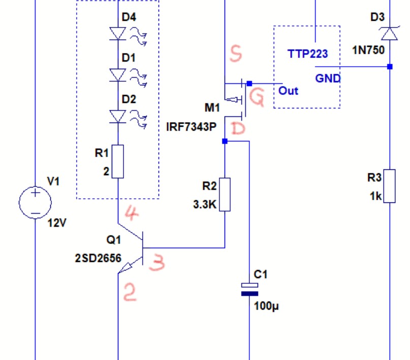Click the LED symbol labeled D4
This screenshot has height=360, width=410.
118,34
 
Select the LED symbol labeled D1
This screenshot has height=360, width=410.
118,75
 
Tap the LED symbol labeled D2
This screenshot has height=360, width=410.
118,116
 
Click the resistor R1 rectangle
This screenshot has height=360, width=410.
118,161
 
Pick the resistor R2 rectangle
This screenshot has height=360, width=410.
224,194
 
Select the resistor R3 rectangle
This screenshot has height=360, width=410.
389,186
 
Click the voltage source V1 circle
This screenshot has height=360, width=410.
35,202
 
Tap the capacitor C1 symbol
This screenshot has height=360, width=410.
249,289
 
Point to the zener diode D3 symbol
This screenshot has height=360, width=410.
389,34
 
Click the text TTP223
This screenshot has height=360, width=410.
307,54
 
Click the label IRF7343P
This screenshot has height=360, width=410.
191,127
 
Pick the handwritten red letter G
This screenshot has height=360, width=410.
258,99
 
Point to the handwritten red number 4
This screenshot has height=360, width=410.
131,214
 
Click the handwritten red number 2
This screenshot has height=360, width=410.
130,292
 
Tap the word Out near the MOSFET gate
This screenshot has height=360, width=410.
288,91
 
